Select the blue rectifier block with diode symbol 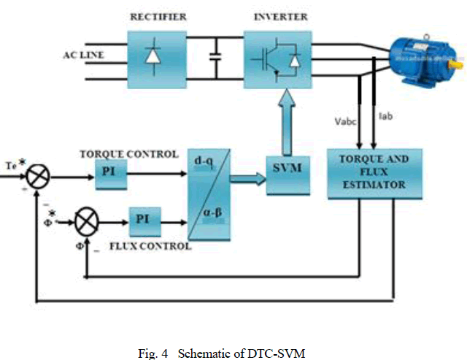click(x=153, y=54)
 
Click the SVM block click(x=287, y=169)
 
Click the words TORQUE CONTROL click(x=128, y=154)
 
